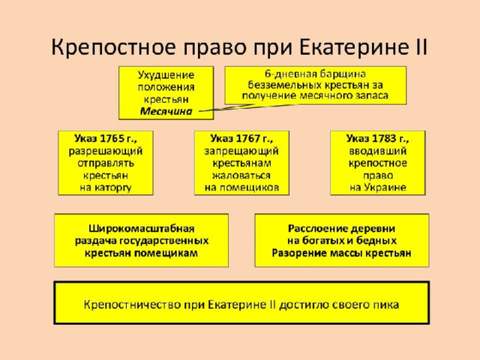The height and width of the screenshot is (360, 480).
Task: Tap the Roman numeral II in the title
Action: click(419, 47)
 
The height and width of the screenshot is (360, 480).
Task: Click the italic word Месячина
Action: click(166, 112)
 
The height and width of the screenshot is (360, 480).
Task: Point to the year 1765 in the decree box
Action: click(112, 139)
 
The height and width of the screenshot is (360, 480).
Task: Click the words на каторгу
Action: click(106, 187)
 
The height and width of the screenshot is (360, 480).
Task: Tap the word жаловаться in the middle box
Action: click(241, 175)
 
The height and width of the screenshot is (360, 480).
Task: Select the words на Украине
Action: click(378, 187)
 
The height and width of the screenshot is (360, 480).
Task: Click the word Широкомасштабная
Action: click(142, 229)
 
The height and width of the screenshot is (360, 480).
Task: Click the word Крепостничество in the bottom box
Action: click(132, 305)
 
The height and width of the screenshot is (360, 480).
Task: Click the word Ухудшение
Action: click(166, 75)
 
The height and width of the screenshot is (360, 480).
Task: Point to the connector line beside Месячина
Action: click(248, 107)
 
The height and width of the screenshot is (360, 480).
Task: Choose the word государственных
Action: click(163, 241)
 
